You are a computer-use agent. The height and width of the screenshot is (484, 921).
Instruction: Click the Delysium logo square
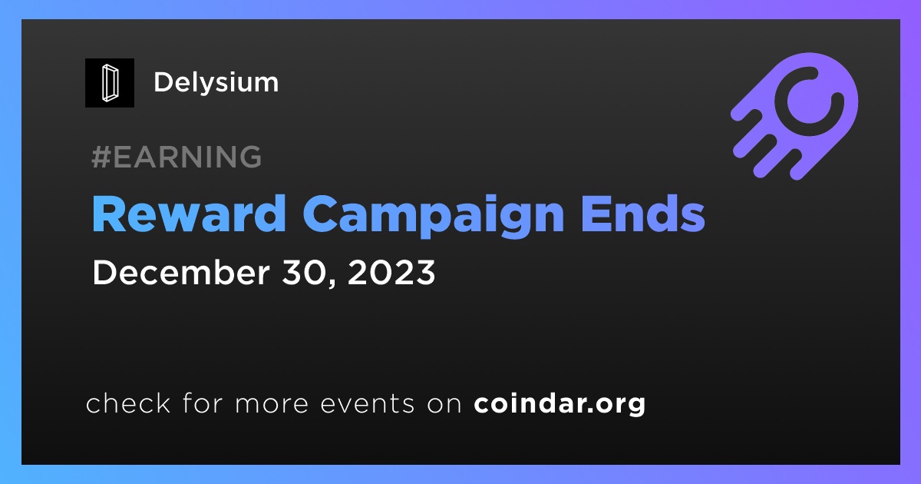point(110,83)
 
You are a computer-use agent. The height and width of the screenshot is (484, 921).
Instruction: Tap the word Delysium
point(216,83)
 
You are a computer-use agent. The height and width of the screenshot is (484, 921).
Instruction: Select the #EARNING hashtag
point(177,157)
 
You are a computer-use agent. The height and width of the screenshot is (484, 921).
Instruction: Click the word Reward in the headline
point(189,214)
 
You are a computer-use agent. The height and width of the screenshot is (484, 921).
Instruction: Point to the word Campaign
point(434,216)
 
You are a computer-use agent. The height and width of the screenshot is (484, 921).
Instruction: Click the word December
point(181,273)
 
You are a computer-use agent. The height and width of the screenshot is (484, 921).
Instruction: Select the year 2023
point(391,273)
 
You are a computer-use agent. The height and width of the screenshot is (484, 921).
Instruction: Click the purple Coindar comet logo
point(794,117)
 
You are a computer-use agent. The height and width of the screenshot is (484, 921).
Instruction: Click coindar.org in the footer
point(560,404)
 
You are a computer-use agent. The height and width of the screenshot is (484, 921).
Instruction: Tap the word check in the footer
point(128,403)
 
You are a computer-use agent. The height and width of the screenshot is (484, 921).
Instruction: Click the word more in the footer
point(272,406)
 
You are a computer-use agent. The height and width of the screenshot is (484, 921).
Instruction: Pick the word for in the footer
point(203,403)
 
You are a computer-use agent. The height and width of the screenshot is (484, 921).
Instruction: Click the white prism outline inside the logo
point(110,83)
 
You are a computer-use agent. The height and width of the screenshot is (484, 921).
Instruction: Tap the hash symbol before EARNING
point(101,157)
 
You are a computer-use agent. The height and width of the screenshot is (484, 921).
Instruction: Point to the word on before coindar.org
point(444,406)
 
